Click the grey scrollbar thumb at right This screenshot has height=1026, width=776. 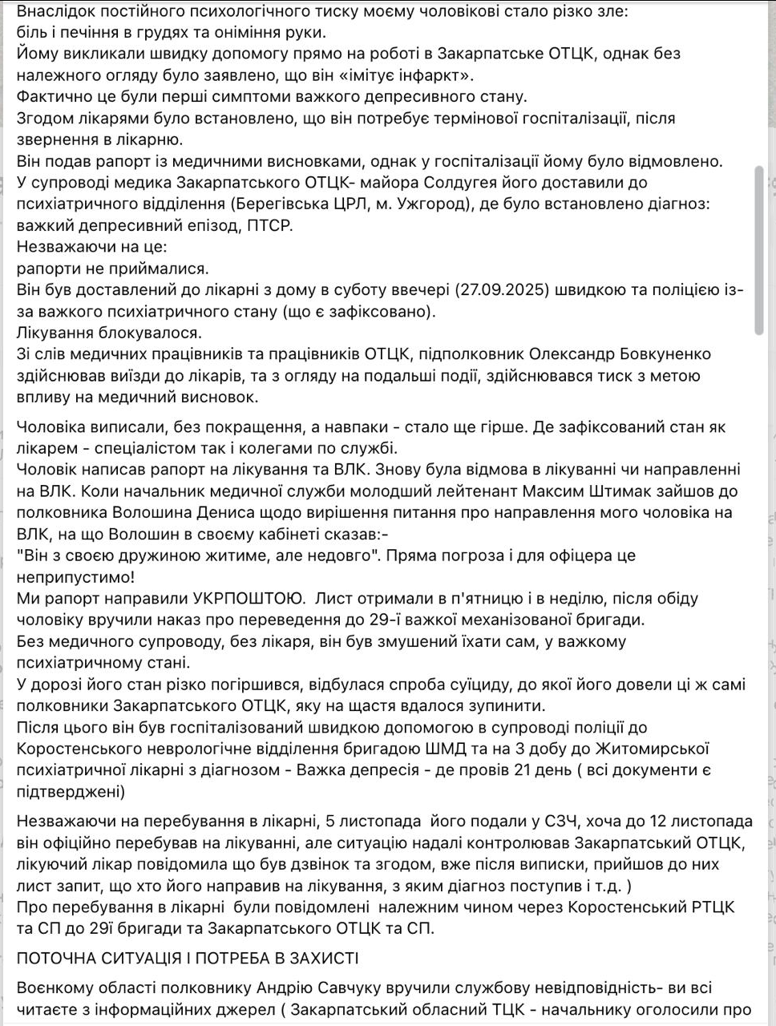[759, 250]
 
